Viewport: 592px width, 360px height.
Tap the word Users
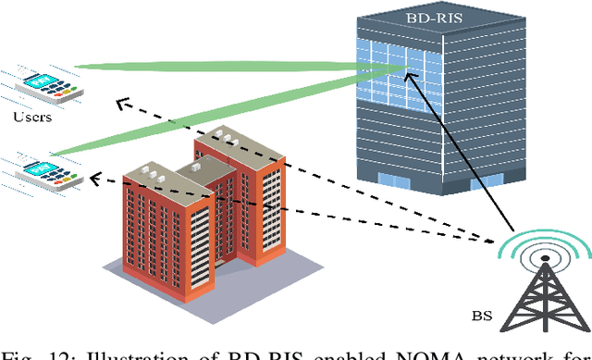33,118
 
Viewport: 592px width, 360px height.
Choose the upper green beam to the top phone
222,66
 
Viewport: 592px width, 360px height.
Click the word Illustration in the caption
124,351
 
